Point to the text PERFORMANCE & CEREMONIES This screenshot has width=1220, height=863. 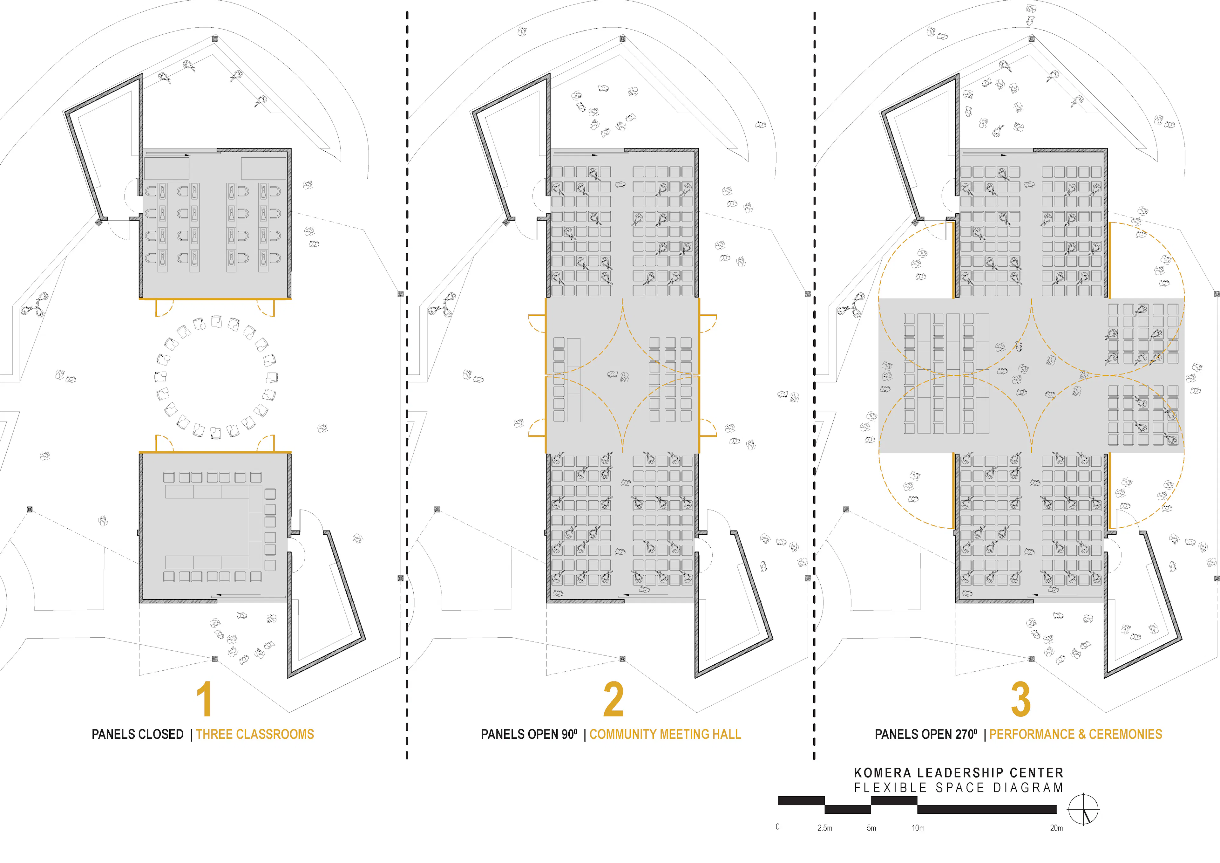click(1075, 734)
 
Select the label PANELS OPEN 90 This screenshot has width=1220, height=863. click(529, 734)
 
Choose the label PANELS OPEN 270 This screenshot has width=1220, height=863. click(925, 734)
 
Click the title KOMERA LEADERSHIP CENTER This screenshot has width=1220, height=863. click(959, 773)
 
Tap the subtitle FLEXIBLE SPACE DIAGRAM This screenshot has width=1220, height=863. click(959, 787)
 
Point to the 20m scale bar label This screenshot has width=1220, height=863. click(1056, 828)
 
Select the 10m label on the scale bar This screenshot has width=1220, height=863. click(918, 828)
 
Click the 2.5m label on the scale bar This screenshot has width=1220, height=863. click(825, 828)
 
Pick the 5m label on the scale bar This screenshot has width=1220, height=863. click(871, 828)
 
